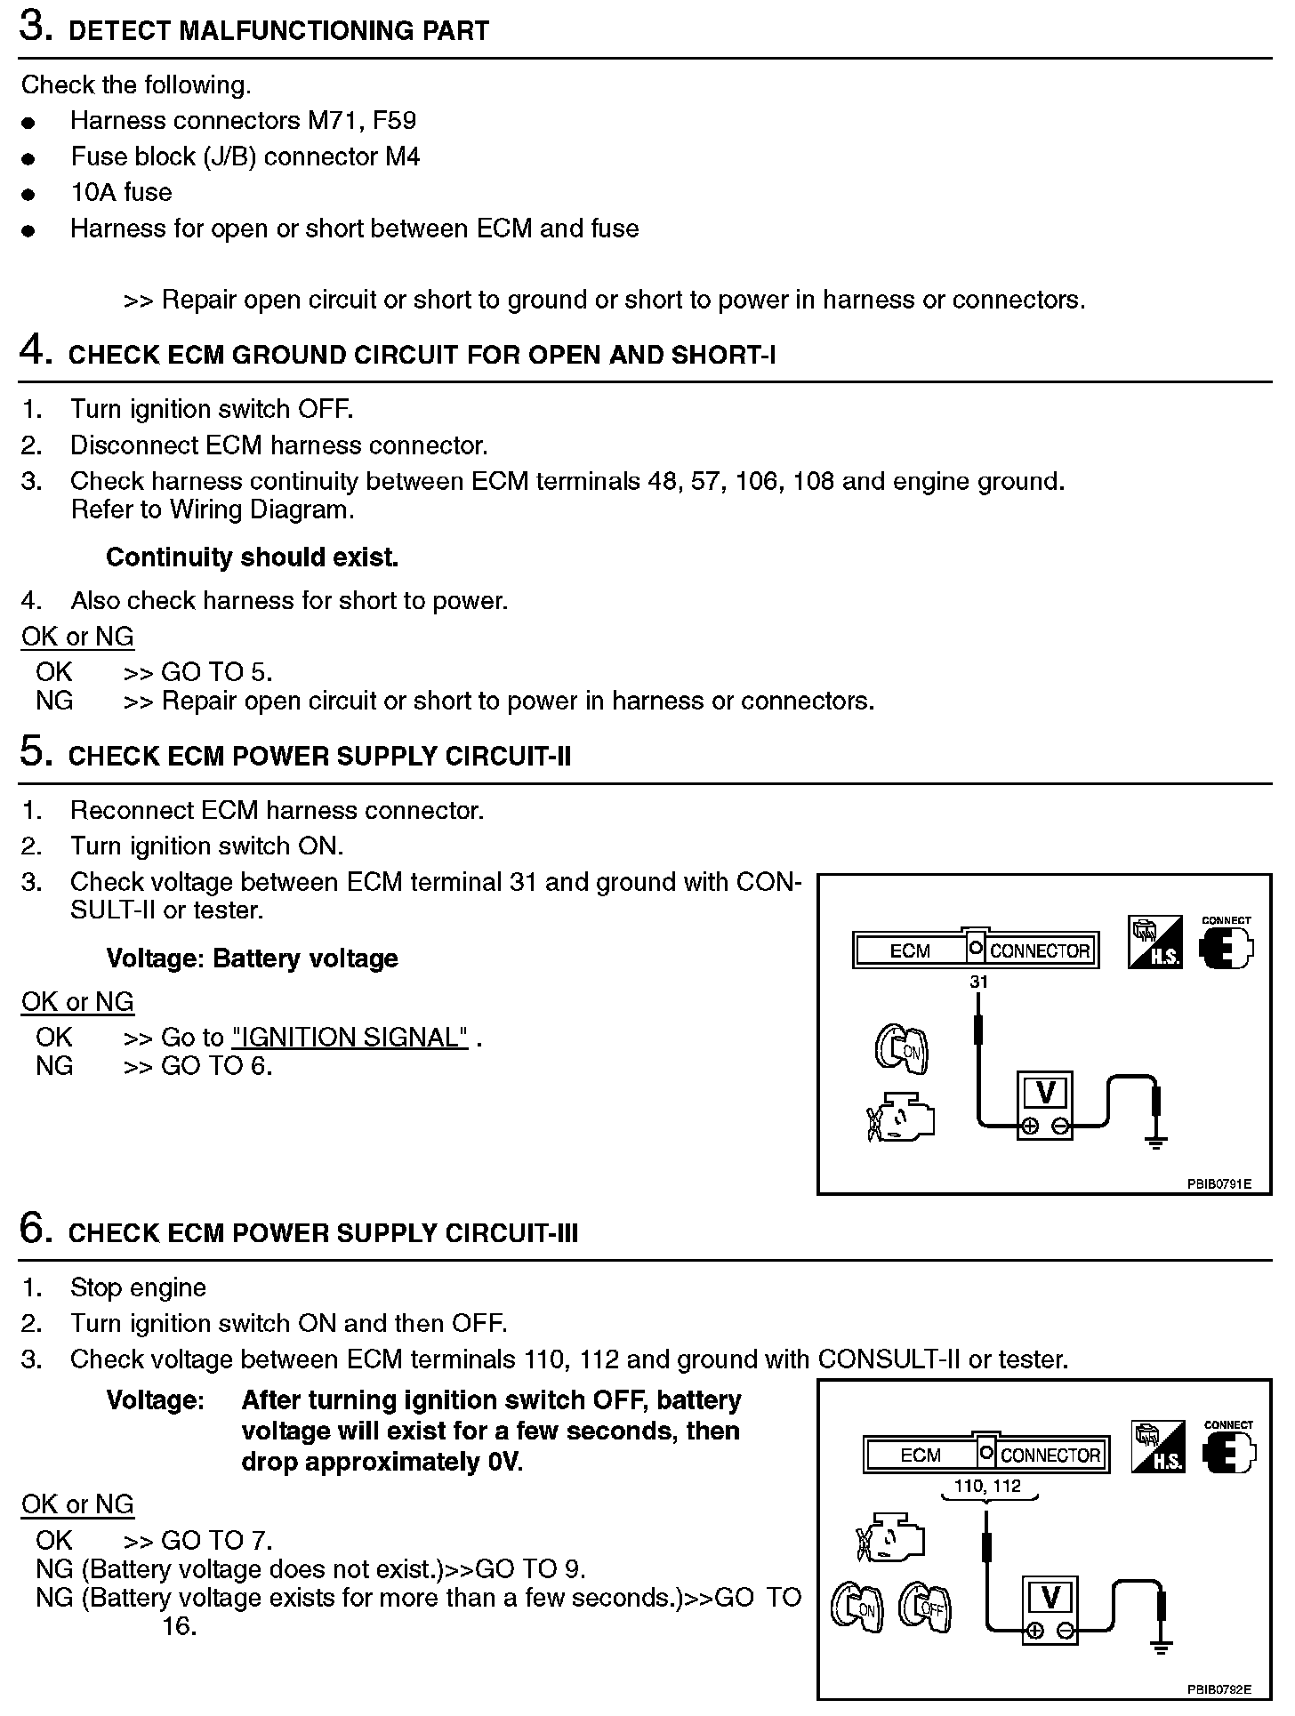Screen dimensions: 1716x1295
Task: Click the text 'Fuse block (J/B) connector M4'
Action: point(245,156)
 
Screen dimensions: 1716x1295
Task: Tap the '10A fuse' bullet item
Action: point(121,192)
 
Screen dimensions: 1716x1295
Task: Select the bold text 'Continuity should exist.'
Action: point(252,557)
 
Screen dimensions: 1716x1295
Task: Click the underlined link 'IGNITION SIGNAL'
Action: point(350,1037)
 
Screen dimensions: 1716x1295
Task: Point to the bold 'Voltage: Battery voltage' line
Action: point(252,958)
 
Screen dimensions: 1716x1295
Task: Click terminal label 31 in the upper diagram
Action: point(978,982)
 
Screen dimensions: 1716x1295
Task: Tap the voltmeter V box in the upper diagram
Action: point(1045,1092)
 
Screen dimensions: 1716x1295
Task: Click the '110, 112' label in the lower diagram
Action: point(987,1486)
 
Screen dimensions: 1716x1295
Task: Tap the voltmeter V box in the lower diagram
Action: point(1050,1598)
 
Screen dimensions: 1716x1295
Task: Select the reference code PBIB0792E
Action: point(1219,1688)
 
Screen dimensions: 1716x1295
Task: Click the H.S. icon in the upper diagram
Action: point(1154,942)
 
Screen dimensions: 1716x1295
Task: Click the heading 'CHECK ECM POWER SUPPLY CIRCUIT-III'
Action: point(323,1233)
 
